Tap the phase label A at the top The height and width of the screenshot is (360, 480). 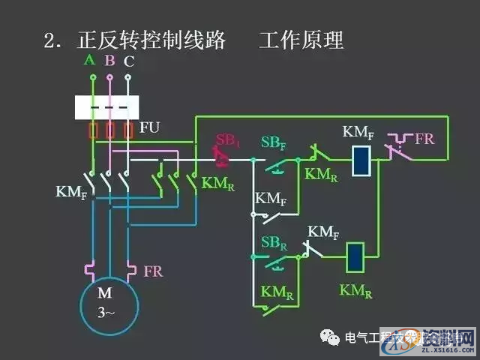coord(90,59)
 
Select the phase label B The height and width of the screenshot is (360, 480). coord(109,60)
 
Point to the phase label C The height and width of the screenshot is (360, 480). coord(129,61)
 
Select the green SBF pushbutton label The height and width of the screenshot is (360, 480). coord(272,142)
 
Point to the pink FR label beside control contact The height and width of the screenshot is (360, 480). coord(424,139)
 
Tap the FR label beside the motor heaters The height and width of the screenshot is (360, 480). coord(153,270)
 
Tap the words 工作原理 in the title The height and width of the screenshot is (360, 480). coord(301,40)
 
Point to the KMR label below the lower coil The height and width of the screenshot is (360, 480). coord(355,290)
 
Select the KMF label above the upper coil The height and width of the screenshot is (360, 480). coord(358,133)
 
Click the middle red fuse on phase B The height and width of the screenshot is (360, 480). coord(110,130)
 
